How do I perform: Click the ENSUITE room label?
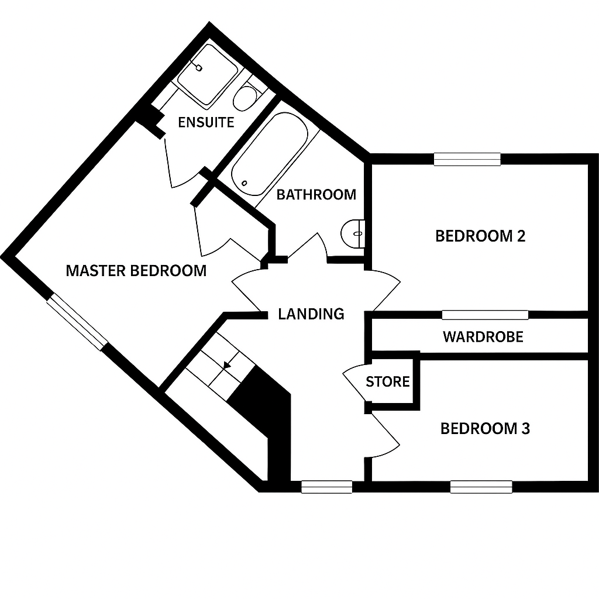pos(206,122)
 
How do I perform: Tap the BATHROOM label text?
pos(316,195)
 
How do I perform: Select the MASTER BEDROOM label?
pos(136,271)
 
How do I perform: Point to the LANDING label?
pos(311,314)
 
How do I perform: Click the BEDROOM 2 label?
pos(480,236)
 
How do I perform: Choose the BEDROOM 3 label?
pos(485,429)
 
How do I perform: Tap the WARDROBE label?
pos(483,337)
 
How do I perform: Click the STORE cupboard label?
pos(388,381)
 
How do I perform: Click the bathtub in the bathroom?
pos(269,154)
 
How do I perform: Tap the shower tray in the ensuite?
pos(206,75)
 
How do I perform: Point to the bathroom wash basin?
pos(353,233)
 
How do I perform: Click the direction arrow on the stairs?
pos(228,366)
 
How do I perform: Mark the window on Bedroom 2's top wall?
pos(467,159)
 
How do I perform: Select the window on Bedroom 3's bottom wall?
pos(481,487)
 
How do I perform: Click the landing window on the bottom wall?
pos(326,487)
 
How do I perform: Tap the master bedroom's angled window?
pos(78,322)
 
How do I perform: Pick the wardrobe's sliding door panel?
pos(485,315)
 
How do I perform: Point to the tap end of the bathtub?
pos(245,183)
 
